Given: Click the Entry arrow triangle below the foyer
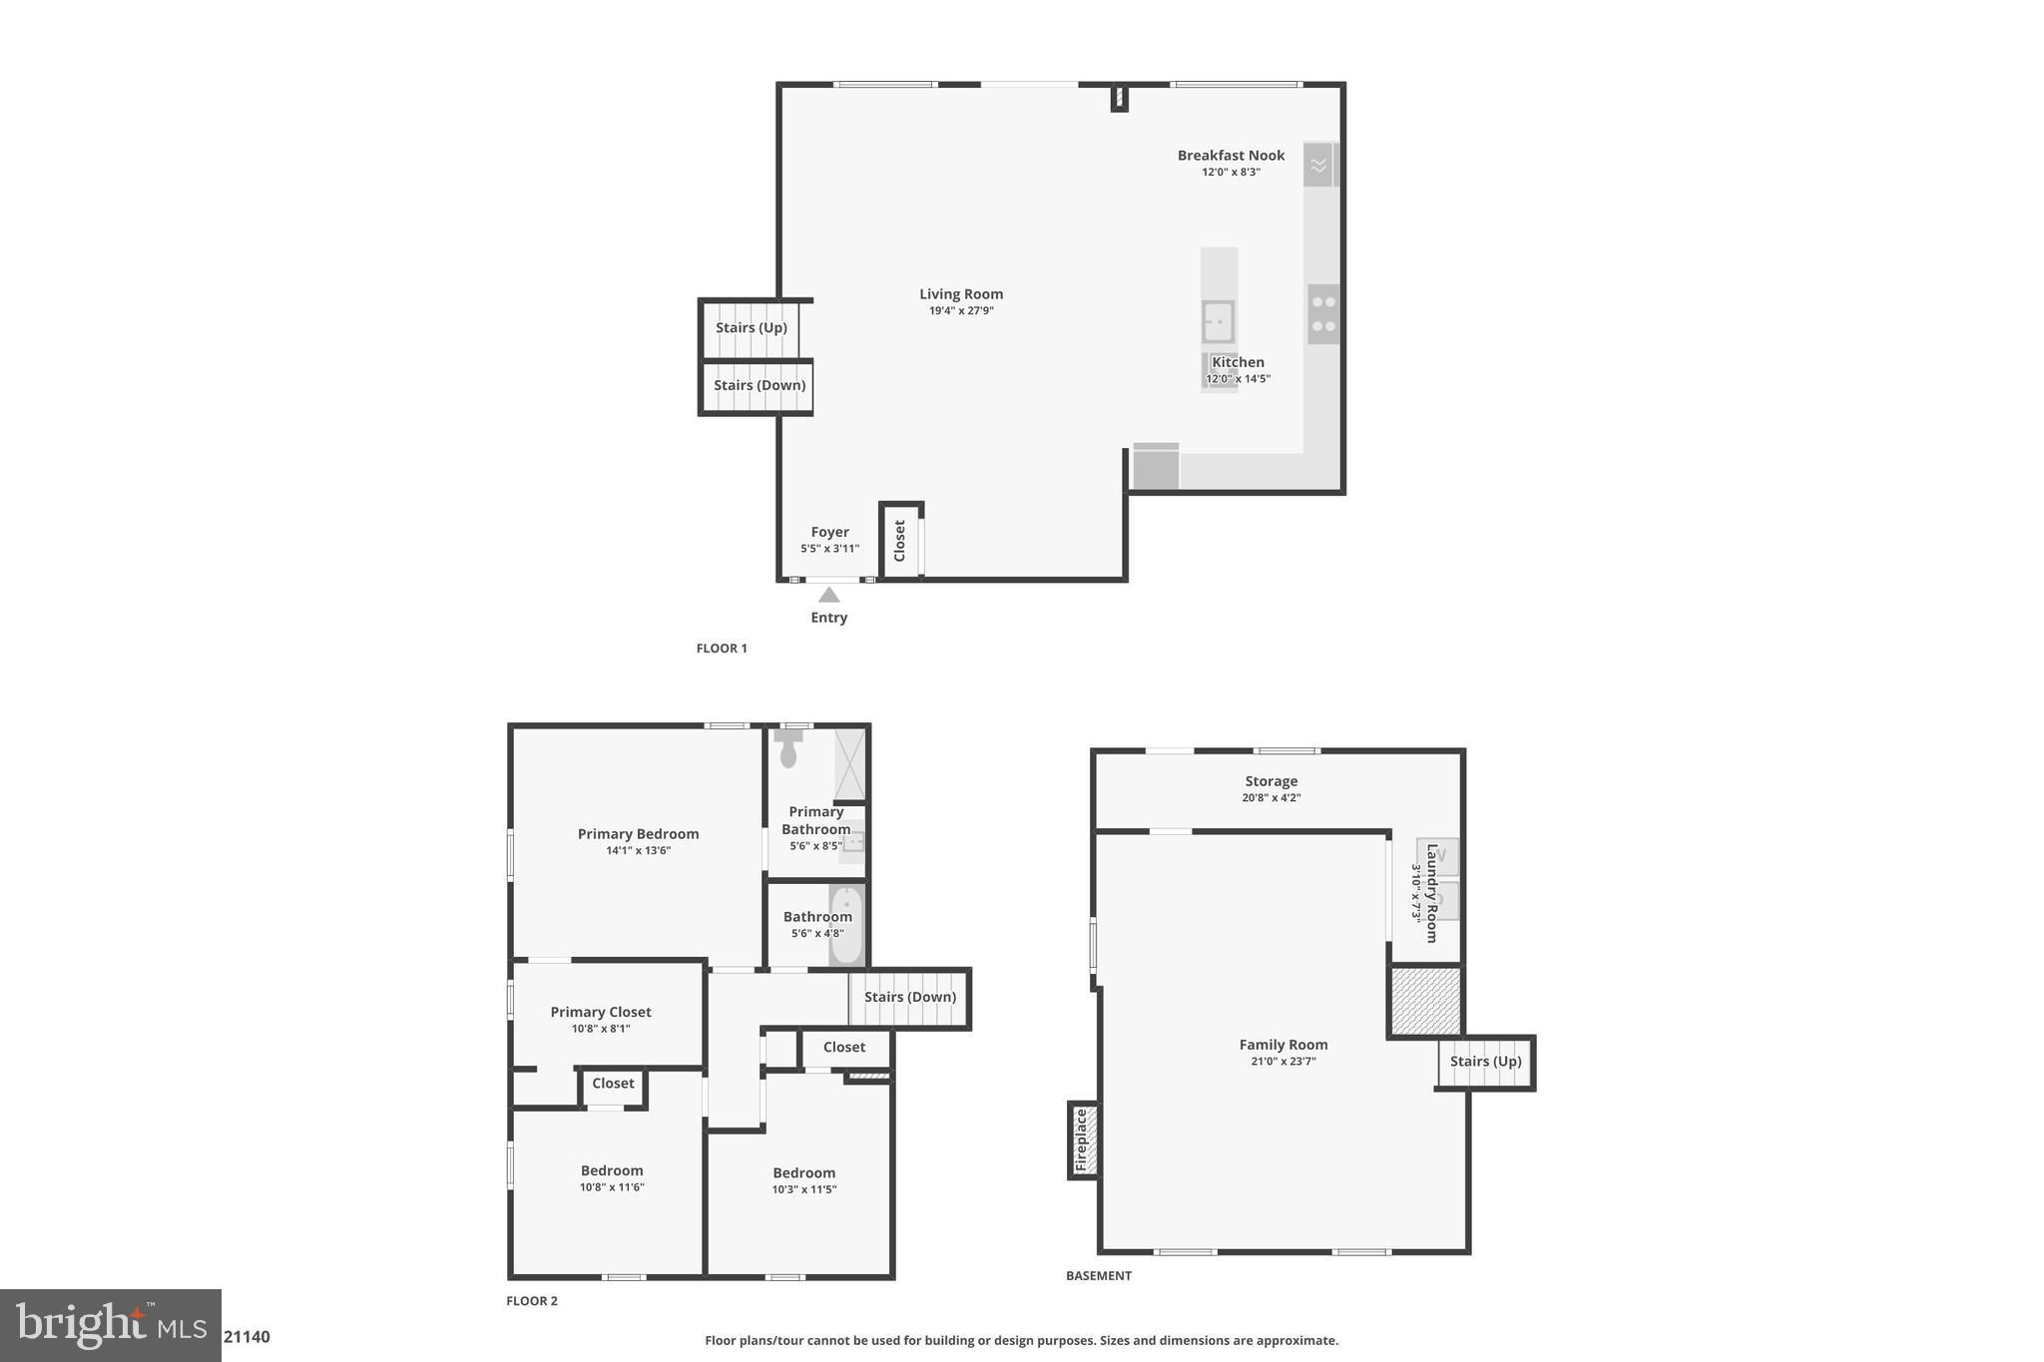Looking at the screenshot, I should (x=828, y=595).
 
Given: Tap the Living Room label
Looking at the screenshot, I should (x=961, y=294).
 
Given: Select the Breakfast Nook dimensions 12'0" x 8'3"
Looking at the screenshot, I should (x=1231, y=172).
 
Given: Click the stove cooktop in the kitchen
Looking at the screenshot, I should (x=1323, y=313).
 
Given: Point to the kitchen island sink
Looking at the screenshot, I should (x=1218, y=321).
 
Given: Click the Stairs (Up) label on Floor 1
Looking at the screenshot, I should (x=751, y=327).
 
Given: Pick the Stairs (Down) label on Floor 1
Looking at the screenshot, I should (x=759, y=385).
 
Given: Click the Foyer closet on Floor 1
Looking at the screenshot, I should (x=899, y=540).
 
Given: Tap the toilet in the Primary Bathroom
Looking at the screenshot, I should (x=788, y=747).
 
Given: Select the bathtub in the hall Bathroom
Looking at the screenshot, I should (x=846, y=925).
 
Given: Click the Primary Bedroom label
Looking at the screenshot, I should (x=638, y=834).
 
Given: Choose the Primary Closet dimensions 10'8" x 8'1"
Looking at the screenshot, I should (x=601, y=1029).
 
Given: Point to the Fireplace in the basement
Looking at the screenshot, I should (x=1084, y=1140).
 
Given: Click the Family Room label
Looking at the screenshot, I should (x=1283, y=1045).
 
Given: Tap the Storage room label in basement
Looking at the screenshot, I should (x=1271, y=781).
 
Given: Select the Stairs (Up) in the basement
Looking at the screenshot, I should (x=1485, y=1062).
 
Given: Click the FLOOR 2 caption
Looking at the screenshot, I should (x=532, y=1301).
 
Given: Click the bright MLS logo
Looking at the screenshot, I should (x=111, y=1325).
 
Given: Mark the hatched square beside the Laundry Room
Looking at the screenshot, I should (x=1425, y=1001).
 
